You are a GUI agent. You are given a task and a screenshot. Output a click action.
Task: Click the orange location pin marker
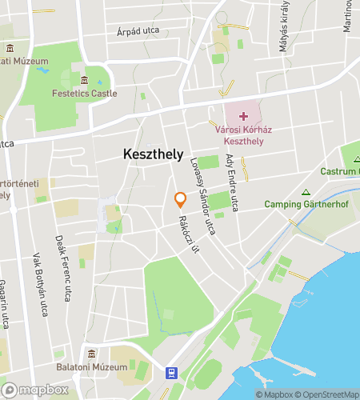[x=181, y=200]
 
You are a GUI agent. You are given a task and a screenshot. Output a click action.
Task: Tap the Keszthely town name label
[x=153, y=154]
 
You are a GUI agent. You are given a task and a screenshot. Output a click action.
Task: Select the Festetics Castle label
[x=84, y=94]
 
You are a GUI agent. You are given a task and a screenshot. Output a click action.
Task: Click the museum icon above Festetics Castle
[x=84, y=80]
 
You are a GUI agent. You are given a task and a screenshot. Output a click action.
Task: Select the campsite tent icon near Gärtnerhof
[x=305, y=191]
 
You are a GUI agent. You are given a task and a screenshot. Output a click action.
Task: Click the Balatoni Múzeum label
[x=92, y=367]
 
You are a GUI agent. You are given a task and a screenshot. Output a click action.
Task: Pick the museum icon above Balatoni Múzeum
[x=92, y=354]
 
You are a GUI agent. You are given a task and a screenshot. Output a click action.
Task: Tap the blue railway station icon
[x=170, y=372]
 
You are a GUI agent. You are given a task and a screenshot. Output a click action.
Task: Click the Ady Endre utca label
[x=232, y=183]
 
